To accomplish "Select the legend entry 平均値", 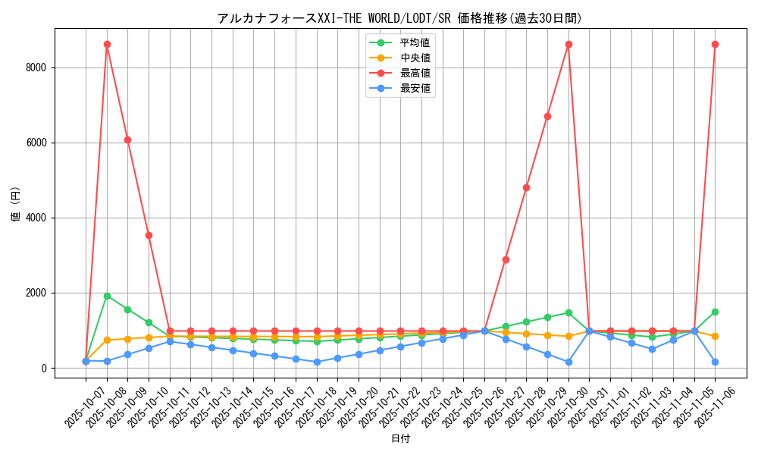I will [x=415, y=42].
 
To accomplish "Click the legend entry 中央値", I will [x=415, y=58].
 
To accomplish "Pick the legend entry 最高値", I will [x=415, y=73].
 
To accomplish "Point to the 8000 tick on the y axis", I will [x=36, y=67].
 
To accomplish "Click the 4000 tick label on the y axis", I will [x=36, y=218].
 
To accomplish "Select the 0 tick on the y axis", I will [x=44, y=369].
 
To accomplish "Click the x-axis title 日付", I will [x=400, y=439].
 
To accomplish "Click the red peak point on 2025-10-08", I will [x=107, y=44].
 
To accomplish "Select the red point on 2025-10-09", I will [x=127, y=140].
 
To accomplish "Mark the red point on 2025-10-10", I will [x=149, y=235].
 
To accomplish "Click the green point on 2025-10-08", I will [x=107, y=296].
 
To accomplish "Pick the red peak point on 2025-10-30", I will [x=568, y=44].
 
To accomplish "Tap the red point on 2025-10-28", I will [x=526, y=187].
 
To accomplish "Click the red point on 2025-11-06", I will [x=715, y=44].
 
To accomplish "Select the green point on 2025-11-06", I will [x=715, y=312].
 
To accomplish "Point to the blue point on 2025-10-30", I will [x=568, y=362].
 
